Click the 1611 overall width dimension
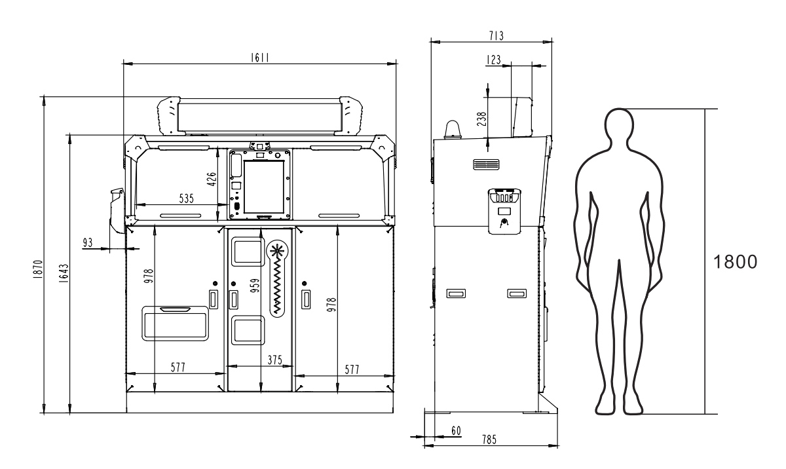pos(260,58)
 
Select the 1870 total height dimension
pos(38,269)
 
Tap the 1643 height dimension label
pos(64,274)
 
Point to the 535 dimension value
pos(186,198)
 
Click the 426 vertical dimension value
pos(212,179)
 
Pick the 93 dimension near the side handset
pos(87,242)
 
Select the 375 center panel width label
pos(274,360)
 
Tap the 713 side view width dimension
pos(496,36)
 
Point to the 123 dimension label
pos(494,60)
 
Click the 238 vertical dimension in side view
pos(482,119)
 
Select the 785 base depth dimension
pos(489,439)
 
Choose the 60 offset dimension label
pos(456,430)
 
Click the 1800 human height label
pos(736,262)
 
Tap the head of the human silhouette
pos(620,124)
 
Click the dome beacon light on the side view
pos(454,130)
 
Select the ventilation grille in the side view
pos(486,164)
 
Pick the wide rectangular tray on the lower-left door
pos(175,324)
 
